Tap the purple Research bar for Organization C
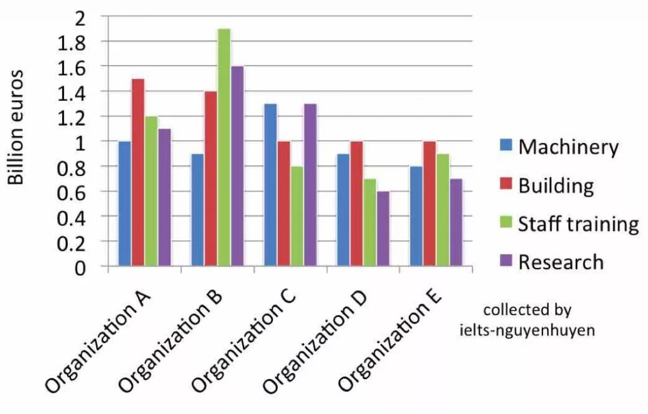310,184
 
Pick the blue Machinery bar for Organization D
343,210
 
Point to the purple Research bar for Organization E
456,222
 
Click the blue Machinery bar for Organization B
197,210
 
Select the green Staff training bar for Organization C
297,216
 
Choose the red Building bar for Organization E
429,203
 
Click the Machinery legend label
568,147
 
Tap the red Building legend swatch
506,185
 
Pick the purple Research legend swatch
506,261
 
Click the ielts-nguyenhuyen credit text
526,330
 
